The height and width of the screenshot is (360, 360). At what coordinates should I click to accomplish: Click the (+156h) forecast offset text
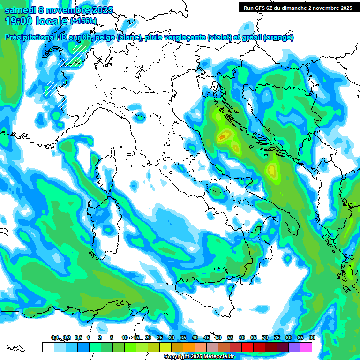click(83, 21)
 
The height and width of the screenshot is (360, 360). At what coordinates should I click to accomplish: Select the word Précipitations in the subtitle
click(29, 37)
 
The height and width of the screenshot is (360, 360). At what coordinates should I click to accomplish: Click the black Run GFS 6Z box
click(298, 7)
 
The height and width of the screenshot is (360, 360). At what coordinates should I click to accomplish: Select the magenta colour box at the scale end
click(306, 347)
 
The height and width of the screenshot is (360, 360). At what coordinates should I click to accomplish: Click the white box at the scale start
click(48, 347)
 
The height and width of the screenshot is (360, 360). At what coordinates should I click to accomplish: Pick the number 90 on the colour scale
click(312, 337)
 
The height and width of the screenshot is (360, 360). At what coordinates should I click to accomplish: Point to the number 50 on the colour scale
click(218, 337)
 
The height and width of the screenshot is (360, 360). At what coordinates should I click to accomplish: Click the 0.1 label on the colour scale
click(55, 337)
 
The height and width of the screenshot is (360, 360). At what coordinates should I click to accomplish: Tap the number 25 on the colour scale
click(160, 337)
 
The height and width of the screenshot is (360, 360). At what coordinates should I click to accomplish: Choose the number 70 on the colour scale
click(265, 337)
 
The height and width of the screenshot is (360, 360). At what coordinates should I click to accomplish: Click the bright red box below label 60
click(247, 347)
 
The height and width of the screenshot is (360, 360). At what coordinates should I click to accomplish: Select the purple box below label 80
click(294, 347)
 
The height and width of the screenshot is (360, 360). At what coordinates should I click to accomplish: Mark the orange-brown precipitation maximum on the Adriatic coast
click(224, 136)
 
